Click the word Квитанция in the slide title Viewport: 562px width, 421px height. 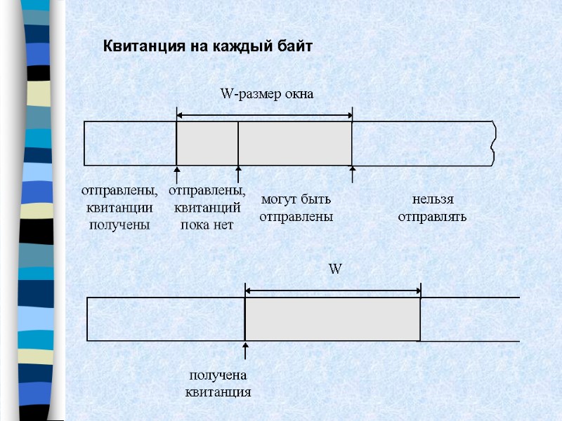[139, 47]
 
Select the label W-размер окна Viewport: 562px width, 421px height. [266, 94]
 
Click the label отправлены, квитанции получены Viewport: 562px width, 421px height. [119, 208]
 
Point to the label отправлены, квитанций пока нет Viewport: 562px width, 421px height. [207, 208]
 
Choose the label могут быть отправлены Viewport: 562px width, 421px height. [296, 208]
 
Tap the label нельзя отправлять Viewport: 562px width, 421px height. [432, 208]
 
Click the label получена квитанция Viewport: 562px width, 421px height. [218, 383]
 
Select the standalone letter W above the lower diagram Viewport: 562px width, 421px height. [335, 269]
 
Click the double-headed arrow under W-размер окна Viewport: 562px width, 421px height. [264, 116]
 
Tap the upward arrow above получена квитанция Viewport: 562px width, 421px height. [245, 352]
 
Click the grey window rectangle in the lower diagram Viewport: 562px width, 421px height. [332, 319]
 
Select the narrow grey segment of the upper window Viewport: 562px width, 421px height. [207, 143]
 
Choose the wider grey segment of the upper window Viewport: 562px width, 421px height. [295, 143]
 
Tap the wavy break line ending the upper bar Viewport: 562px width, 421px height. [495, 143]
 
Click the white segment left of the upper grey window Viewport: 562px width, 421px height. [130, 143]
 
